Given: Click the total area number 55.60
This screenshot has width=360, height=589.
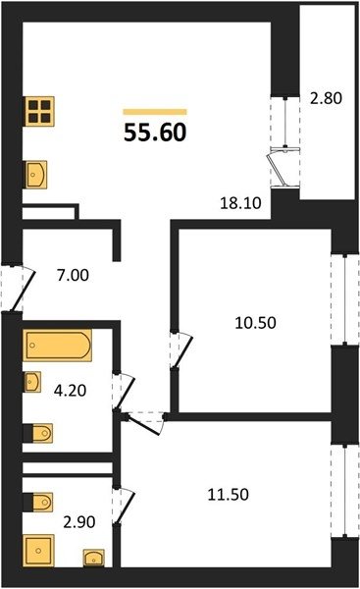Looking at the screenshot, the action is click(155, 133).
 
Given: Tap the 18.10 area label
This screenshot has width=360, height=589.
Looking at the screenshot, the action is click(240, 203).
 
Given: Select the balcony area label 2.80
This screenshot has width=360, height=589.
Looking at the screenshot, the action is click(327, 98).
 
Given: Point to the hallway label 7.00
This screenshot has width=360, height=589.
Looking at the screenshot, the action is click(73, 275).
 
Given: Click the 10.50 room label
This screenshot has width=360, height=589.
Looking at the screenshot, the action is click(255, 323).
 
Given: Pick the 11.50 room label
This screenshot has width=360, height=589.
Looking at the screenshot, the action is click(229, 495).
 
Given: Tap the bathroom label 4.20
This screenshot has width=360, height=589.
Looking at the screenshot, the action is click(71, 391).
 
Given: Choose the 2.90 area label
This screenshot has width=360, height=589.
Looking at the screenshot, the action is click(79, 522).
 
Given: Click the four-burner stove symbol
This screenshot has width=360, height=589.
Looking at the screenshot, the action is click(39, 112).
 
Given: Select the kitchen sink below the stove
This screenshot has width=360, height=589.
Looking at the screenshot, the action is click(35, 175).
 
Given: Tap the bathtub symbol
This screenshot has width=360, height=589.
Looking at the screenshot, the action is click(58, 346).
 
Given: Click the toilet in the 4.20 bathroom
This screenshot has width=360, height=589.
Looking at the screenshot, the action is click(38, 433).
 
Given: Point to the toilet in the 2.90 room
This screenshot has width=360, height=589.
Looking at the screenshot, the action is click(38, 503).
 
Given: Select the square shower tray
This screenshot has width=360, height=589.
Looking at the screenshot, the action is click(38, 551).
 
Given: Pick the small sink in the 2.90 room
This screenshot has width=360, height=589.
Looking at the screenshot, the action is click(94, 558).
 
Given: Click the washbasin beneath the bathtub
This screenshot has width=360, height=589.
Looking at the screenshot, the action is click(32, 382).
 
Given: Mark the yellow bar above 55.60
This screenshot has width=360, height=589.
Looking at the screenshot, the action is click(155, 112).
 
